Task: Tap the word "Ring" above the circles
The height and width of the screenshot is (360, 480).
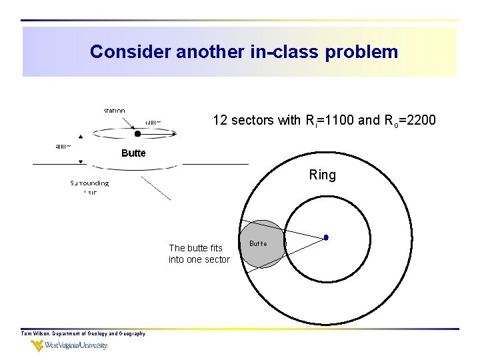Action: coord(323,175)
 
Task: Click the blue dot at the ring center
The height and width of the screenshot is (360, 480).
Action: coord(326,237)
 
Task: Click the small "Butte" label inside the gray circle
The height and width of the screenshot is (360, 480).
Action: coord(258,244)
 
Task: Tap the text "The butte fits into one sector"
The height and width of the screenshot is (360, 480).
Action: coord(199,254)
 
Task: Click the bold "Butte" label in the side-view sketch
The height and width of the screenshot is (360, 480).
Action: coord(133,153)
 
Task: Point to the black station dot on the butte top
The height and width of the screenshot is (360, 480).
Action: coord(137,133)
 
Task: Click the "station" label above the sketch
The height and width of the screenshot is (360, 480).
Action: coord(114,111)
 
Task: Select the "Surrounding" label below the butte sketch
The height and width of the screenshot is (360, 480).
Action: coord(90,183)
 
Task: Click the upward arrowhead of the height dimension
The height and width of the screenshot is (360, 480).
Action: coord(81,136)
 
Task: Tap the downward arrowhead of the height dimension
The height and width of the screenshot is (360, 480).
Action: coord(81,161)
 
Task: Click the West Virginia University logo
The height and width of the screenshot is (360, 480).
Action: coord(69,346)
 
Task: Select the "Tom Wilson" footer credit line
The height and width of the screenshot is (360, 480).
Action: coord(83,333)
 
